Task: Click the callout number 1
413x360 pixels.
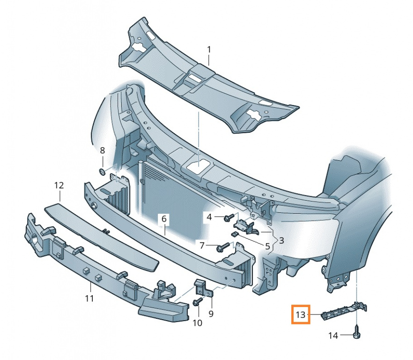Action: click(209, 49)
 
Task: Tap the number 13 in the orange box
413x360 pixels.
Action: click(301, 315)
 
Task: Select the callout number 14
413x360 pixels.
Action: click(333, 336)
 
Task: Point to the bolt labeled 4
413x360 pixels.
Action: click(229, 218)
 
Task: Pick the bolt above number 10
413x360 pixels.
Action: click(198, 301)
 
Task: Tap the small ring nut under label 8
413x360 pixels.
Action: click(102, 172)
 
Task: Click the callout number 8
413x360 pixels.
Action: click(103, 150)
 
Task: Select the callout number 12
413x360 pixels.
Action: click(59, 186)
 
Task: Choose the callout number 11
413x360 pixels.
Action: click(89, 298)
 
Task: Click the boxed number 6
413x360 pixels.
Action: click(164, 218)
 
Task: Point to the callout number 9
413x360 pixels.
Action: click(211, 314)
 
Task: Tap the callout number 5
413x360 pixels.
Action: click(268, 247)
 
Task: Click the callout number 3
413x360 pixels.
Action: click(281, 240)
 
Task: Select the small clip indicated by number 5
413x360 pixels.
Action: click(234, 233)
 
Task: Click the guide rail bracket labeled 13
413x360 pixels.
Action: click(344, 311)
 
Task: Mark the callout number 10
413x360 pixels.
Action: click(197, 322)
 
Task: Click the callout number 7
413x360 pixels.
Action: click(202, 246)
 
